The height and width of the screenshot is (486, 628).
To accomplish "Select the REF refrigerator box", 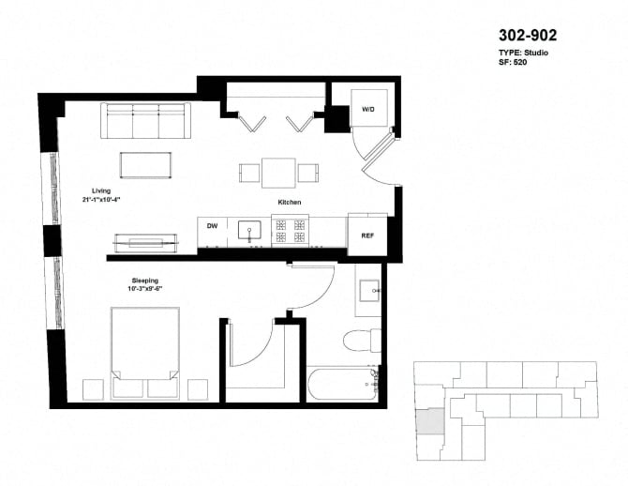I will coord(367,236).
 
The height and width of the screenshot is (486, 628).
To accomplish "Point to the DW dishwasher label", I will coord(212,226).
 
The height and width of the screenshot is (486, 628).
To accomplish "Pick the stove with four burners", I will coord(290,229).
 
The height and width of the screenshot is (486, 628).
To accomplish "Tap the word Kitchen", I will coord(289,203).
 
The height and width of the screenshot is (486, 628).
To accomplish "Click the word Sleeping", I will coord(144,280).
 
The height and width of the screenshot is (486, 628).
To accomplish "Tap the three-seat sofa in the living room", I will coord(145,121).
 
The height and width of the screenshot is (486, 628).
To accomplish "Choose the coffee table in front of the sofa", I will coord(145,165).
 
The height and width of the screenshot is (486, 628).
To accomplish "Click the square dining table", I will coord(278,173).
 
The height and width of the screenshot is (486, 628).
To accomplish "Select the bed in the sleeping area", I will coord(145,352).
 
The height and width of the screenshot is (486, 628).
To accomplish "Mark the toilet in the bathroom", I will coord(361,339).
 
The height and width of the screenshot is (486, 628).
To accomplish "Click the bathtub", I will coord(343,386).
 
